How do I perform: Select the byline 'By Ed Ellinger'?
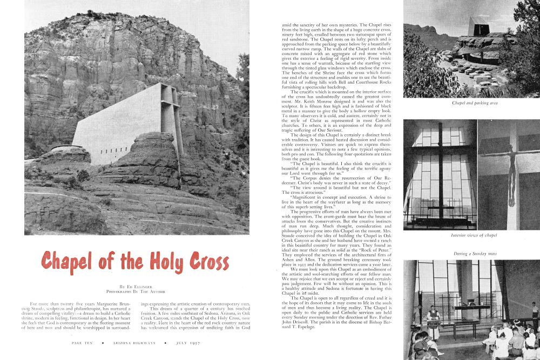(135, 286)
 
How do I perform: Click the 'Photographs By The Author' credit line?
(135, 291)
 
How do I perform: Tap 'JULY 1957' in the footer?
(184, 343)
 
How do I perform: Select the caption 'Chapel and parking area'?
(471, 103)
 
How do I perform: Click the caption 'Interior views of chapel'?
(471, 236)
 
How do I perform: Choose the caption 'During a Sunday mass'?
(471, 253)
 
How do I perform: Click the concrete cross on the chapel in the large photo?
(172, 116)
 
